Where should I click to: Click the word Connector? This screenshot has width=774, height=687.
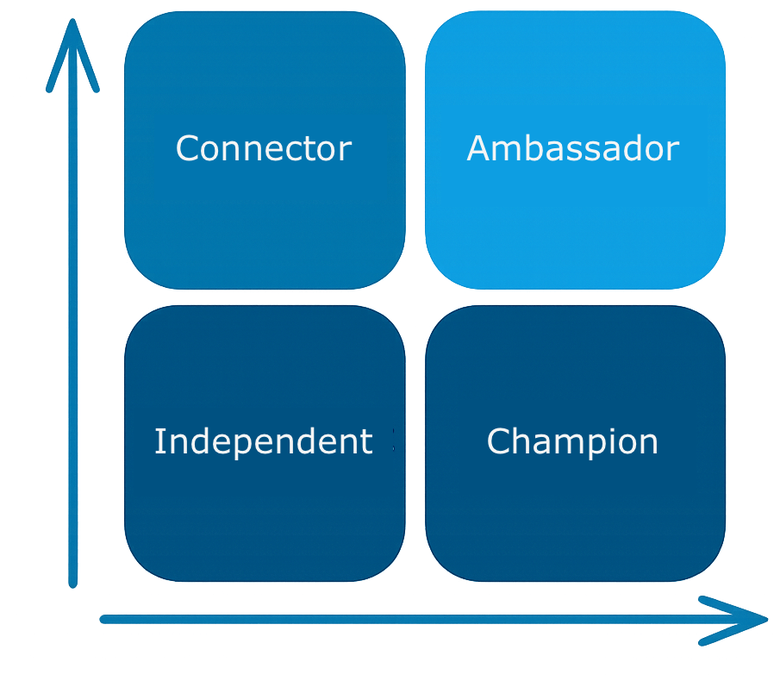click(x=263, y=149)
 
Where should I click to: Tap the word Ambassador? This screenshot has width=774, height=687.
click(x=573, y=149)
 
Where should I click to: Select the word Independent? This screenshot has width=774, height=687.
click(x=263, y=441)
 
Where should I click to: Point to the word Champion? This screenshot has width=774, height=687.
click(x=572, y=441)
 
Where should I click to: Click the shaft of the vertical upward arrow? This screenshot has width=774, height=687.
click(x=73, y=345)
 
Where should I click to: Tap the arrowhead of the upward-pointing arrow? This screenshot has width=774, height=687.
click(x=73, y=43)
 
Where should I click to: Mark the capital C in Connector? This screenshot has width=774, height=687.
click(x=187, y=149)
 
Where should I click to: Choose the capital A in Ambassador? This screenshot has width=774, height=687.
click(x=479, y=148)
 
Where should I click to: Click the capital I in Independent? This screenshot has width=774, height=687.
click(x=159, y=441)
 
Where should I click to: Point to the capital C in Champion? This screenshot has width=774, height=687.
click(x=498, y=441)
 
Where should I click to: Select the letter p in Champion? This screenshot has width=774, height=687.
click(x=590, y=445)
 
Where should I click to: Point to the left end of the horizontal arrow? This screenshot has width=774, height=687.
click(x=104, y=618)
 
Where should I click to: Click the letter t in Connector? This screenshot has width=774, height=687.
click(x=312, y=149)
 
